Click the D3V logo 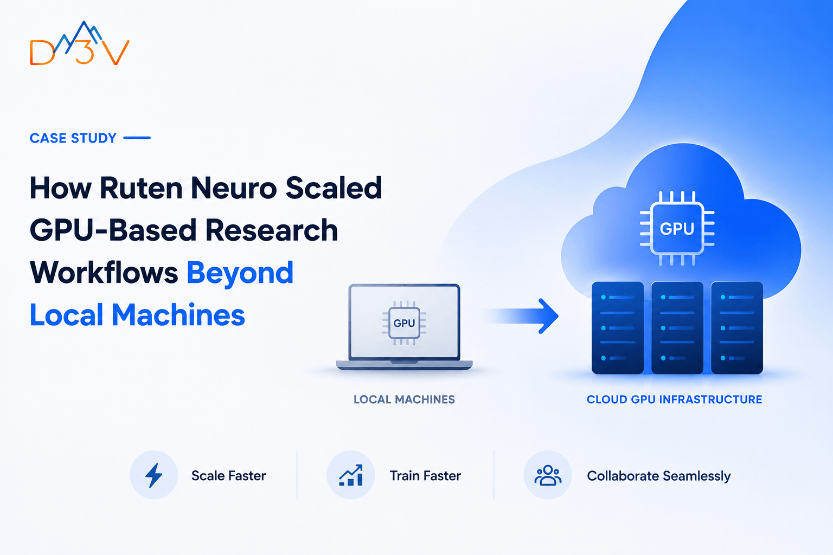pyautogui.click(x=80, y=43)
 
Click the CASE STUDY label pyautogui.click(x=73, y=138)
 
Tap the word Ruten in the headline pyautogui.click(x=141, y=188)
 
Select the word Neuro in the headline pyautogui.click(x=234, y=188)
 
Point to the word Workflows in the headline pyautogui.click(x=104, y=273)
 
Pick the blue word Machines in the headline pyautogui.click(x=178, y=315)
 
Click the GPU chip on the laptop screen pyautogui.click(x=404, y=323)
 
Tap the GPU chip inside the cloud pyautogui.click(x=677, y=229)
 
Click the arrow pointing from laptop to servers pyautogui.click(x=521, y=316)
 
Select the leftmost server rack pyautogui.click(x=618, y=327)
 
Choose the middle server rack pyautogui.click(x=677, y=327)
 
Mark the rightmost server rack pyautogui.click(x=736, y=327)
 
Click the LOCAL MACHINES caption pyautogui.click(x=404, y=399)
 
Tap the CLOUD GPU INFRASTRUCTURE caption pyautogui.click(x=674, y=399)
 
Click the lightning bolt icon pyautogui.click(x=153, y=475)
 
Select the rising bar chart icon pyautogui.click(x=351, y=475)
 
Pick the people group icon pyautogui.click(x=548, y=475)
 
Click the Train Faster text pyautogui.click(x=425, y=476)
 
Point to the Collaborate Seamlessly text pyautogui.click(x=658, y=476)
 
